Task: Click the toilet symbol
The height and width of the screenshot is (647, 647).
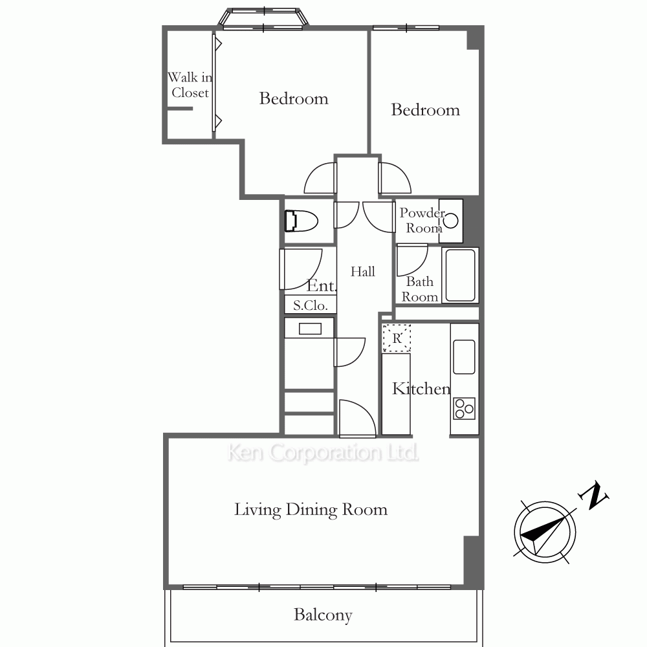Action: tap(302, 221)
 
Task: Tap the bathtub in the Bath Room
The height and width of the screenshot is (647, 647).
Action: tap(460, 275)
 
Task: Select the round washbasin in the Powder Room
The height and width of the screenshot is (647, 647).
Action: tap(451, 221)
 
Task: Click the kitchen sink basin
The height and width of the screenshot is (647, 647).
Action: tap(464, 357)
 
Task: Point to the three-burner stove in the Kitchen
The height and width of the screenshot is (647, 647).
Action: tap(464, 408)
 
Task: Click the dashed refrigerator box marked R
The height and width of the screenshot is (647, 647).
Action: tap(397, 338)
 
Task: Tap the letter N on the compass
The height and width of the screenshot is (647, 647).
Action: tap(593, 495)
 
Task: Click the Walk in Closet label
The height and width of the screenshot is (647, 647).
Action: tap(190, 85)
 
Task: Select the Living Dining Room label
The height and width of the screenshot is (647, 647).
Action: tap(311, 510)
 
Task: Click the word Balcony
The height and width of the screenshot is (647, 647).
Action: tap(323, 615)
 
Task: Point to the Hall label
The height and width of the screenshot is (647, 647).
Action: tap(363, 272)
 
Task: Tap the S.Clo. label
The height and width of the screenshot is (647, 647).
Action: tap(311, 305)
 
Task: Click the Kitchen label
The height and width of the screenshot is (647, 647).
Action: tap(421, 389)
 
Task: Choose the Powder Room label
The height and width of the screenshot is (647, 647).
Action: tap(422, 221)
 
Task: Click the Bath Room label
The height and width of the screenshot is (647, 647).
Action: tap(420, 289)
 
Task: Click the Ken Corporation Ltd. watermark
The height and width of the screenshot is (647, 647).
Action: tap(323, 452)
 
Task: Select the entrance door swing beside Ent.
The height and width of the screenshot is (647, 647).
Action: tap(301, 269)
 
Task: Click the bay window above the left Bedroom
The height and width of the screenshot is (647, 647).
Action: tap(263, 18)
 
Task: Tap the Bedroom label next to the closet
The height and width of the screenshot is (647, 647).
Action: tap(294, 98)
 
